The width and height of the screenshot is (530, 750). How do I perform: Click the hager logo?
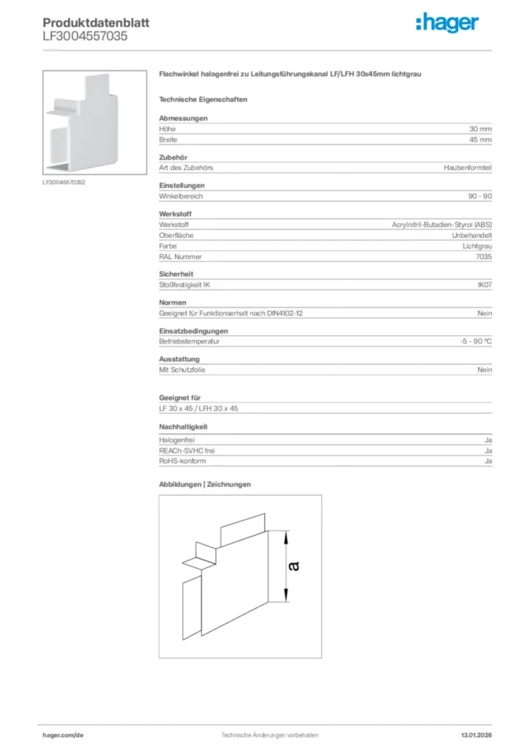[x=447, y=23]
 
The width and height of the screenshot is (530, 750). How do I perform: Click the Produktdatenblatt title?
[x=96, y=23]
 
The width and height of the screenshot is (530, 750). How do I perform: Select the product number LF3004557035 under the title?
[x=85, y=35]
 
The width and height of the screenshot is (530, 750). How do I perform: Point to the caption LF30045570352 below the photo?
[x=64, y=182]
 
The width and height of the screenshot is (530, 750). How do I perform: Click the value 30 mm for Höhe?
[x=480, y=129]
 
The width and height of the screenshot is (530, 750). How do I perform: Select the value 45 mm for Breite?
[x=480, y=139]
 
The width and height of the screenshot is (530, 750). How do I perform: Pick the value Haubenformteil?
[x=468, y=168]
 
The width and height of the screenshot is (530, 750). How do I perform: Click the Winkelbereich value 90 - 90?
[x=479, y=196]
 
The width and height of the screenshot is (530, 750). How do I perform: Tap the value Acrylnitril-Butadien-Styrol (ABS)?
[x=442, y=225]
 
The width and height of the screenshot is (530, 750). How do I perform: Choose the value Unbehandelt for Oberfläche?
[x=471, y=235]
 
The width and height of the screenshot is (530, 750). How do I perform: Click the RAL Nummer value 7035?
[x=484, y=256]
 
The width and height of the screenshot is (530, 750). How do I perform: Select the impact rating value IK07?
[x=485, y=284]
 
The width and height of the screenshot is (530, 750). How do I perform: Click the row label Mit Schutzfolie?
[x=182, y=370]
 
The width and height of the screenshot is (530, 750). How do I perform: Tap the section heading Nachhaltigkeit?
[x=184, y=426]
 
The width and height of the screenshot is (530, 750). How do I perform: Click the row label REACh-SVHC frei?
[x=187, y=450]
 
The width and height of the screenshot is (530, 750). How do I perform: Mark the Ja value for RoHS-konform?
[x=488, y=461]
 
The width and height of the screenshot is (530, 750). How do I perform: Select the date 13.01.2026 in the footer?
[x=477, y=735]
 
